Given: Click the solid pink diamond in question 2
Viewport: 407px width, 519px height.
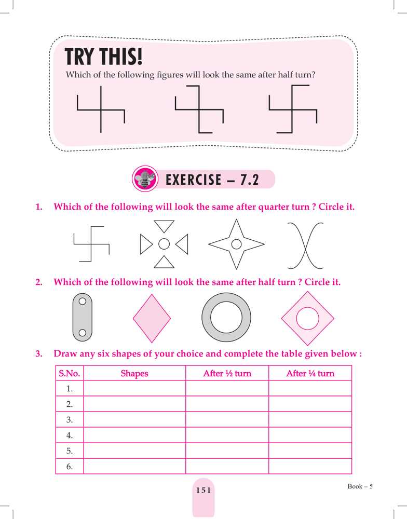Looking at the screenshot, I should (x=152, y=318).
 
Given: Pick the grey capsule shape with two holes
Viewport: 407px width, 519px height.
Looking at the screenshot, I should (x=82, y=317).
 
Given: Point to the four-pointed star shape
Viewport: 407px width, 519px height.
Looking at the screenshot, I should (x=236, y=243).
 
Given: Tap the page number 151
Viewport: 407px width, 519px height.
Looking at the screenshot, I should (x=203, y=490).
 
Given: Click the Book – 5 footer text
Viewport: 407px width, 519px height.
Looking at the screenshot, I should (x=360, y=486).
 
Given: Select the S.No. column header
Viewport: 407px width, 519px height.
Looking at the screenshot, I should (x=69, y=373).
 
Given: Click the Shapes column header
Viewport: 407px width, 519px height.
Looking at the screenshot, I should (x=134, y=373).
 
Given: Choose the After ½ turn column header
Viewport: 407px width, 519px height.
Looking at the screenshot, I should (x=227, y=373).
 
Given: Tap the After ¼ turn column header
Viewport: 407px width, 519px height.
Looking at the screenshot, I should (x=310, y=373).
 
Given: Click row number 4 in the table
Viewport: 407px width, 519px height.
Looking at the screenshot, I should (x=69, y=435).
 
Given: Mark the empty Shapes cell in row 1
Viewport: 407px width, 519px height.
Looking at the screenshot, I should (x=134, y=388).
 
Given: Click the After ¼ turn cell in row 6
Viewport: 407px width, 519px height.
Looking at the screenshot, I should (x=310, y=467).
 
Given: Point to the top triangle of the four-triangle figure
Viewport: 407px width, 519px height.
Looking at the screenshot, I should (x=164, y=225).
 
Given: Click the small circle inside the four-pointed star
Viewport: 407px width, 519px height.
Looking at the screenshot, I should (x=236, y=243).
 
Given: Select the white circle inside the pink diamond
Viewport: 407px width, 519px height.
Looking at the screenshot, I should (x=307, y=318).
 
